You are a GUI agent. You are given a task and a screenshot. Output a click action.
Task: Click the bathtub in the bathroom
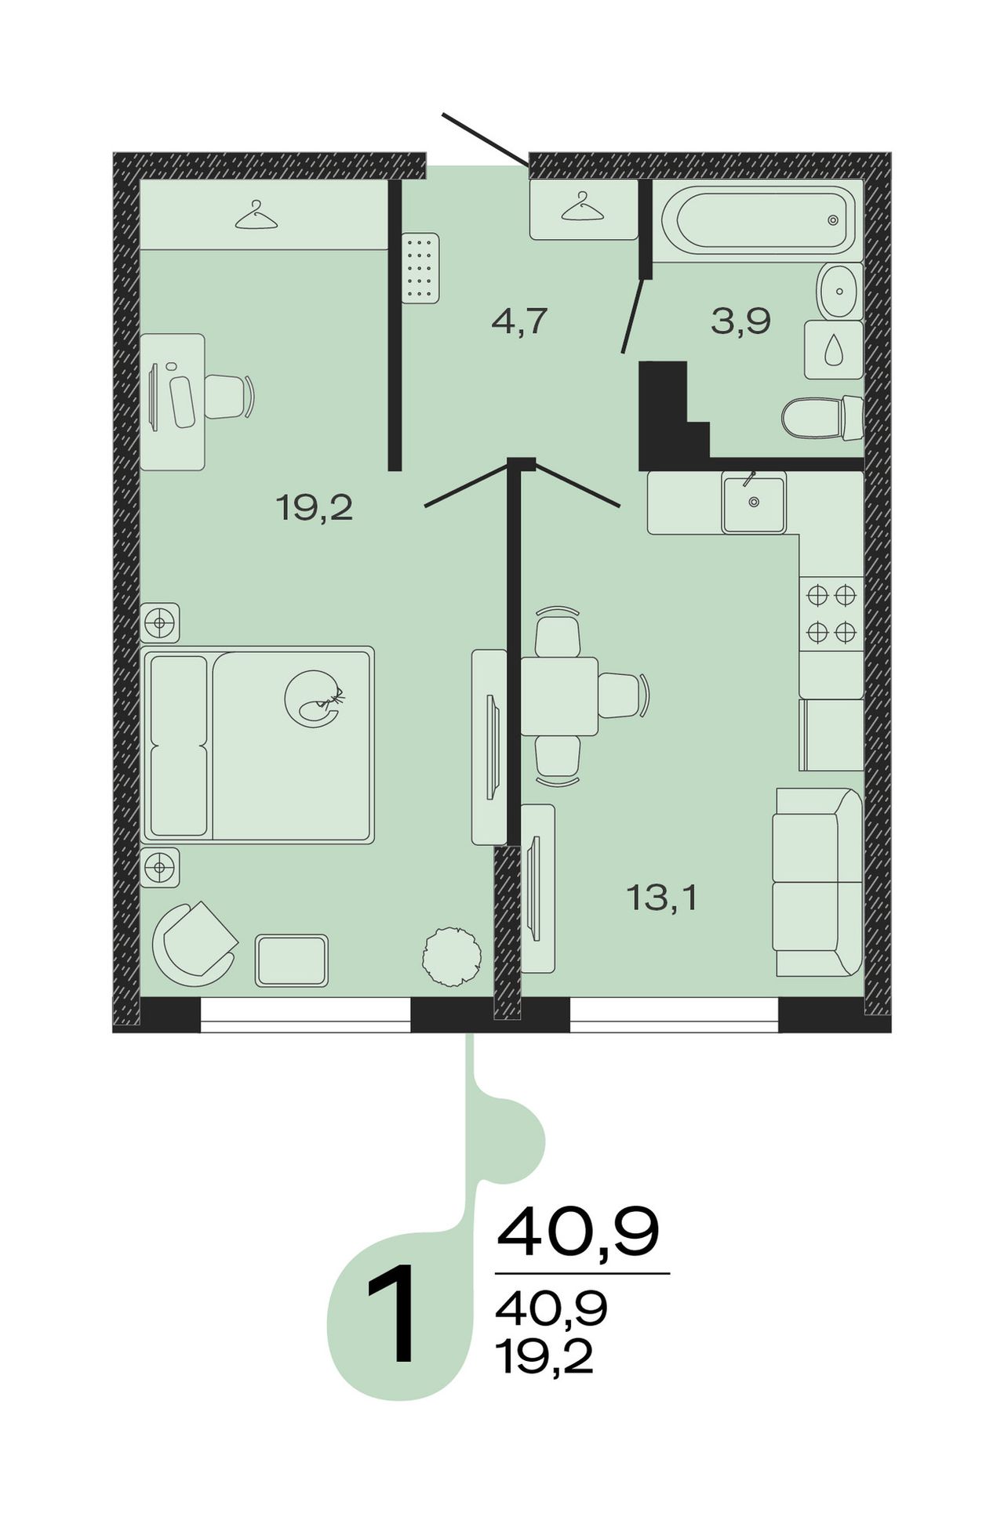pos(758,220)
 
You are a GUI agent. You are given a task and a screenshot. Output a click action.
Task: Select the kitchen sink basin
pos(754,504)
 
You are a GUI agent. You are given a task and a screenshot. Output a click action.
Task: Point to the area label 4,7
pos(518,321)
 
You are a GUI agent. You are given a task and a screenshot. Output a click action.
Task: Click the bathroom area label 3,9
pos(741,321)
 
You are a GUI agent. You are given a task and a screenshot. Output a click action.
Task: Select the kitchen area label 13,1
pos(662,897)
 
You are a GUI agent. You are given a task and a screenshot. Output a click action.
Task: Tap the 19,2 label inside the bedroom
pos(315,508)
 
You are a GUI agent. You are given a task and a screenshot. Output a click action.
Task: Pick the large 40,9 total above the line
pos(578,1233)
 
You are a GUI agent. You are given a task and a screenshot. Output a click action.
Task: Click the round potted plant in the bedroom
pos(452,956)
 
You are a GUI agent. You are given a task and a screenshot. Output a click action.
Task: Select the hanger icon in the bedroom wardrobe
pos(256,216)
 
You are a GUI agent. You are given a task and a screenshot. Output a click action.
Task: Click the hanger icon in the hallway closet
pos(583,206)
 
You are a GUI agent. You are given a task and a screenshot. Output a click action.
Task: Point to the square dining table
pos(560,696)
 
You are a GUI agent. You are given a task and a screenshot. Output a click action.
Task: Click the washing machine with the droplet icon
pos(835,349)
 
